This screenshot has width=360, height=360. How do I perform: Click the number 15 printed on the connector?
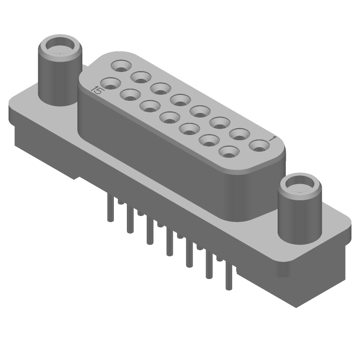(x=96, y=90)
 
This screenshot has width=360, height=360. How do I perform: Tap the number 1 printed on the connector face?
(x=273, y=139)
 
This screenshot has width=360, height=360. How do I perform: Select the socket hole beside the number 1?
(x=259, y=146)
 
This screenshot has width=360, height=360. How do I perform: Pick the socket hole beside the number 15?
(x=111, y=84)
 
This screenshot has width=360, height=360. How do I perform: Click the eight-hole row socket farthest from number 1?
(x=121, y=66)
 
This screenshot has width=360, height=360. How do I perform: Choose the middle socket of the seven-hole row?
(x=170, y=118)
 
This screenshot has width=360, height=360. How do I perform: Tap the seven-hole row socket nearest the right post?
(x=229, y=152)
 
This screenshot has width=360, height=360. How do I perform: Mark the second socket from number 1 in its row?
(x=239, y=135)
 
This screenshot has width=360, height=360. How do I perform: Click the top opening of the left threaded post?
(x=61, y=45)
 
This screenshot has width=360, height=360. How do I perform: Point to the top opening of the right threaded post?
(x=299, y=184)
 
